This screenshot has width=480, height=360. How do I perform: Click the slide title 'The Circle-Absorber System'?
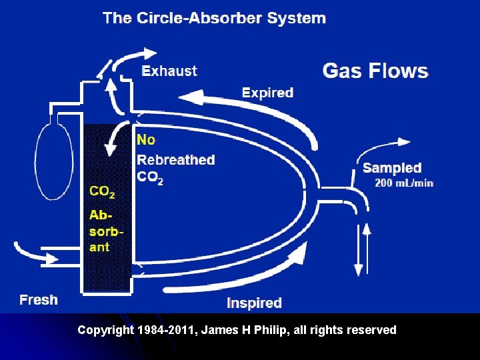[x=214, y=18]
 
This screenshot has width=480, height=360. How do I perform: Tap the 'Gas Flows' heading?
[x=375, y=71]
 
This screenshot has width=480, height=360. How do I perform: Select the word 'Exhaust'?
[x=169, y=71]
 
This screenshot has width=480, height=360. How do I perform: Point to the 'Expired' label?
[x=267, y=93]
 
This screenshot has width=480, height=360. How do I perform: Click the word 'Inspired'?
[x=254, y=303]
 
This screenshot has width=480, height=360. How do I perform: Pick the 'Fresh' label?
[x=38, y=300]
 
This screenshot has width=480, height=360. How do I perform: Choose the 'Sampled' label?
[x=392, y=168]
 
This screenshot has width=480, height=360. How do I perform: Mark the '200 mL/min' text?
[x=404, y=183]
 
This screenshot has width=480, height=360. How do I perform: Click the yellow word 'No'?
[x=145, y=139]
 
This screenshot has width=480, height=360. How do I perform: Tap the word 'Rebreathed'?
[x=176, y=160]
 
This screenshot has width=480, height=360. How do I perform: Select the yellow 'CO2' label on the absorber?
[x=102, y=192]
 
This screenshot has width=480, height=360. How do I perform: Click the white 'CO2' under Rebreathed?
[x=149, y=177]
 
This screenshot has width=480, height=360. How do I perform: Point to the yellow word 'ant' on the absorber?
[x=99, y=247]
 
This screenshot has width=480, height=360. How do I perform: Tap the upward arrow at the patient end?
[x=366, y=240]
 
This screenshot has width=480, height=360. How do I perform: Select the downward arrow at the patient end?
[x=359, y=257]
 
